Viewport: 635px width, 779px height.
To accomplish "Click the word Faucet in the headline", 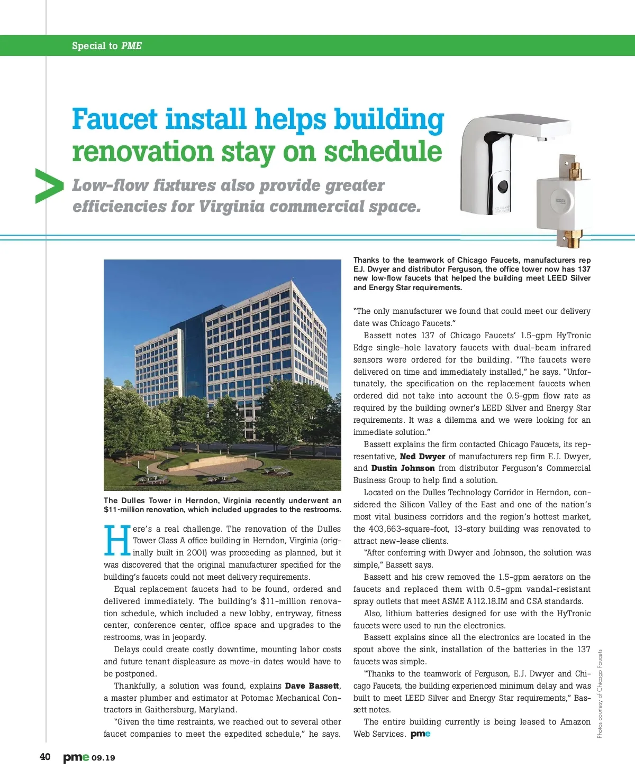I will coord(115,119).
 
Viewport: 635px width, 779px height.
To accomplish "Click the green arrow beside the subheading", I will coord(49,186).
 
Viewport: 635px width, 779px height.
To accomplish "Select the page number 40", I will coord(46,757).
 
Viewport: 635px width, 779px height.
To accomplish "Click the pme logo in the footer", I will coord(76,757).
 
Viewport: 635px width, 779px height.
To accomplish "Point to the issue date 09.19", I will coord(103,758).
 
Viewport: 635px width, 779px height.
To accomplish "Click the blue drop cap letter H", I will coord(117,540).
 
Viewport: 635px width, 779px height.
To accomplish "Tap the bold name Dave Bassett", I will coord(312,686).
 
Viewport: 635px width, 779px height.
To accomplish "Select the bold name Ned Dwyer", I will coord(422,457).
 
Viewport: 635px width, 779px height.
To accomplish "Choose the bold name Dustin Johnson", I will coord(403,468).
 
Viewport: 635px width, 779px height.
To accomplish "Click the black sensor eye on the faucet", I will coord(502,186).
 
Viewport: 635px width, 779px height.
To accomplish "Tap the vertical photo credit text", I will coord(600,693).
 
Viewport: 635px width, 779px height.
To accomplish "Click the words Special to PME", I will coord(107,46).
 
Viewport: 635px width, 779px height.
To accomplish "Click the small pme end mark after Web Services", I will coord(420,734).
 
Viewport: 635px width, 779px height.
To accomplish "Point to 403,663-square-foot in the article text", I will coord(404,529).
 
